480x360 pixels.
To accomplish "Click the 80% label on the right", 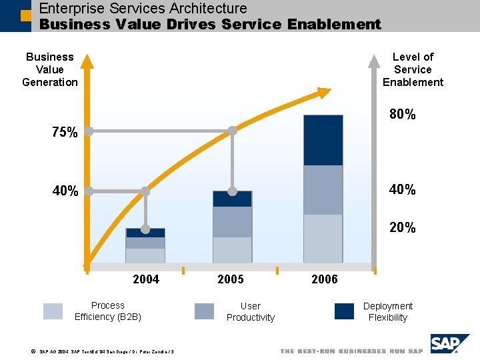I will coord(402,115).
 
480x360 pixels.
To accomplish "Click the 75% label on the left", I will coord(65,133).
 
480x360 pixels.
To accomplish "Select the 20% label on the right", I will coord(402,228).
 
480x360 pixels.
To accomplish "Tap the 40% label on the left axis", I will coord(65,191).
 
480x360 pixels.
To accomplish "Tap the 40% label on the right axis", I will coord(402,189).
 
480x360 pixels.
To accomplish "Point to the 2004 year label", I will coord(146,279).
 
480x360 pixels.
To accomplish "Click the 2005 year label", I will coord(231,279).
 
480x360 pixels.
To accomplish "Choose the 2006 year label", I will coord(325,279).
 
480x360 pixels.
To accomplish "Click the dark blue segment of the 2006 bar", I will coord(323,140).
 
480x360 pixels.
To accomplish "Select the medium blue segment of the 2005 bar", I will coord(232,221).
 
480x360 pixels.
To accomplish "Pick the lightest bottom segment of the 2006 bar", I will coord(323,238).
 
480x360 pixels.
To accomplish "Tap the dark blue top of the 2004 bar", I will coord(145,233).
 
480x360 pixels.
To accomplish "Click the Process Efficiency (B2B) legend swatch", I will coord(53,311).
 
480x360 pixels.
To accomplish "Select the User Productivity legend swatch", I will coord(204,311).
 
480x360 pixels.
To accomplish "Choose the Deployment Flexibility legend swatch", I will coord(344,311).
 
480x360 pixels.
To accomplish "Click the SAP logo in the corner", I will coord(449,343).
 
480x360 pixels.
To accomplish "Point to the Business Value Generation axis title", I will coord(50,69).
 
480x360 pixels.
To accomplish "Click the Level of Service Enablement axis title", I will coord(413,69).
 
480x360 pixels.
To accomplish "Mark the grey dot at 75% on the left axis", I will coord(88,131).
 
